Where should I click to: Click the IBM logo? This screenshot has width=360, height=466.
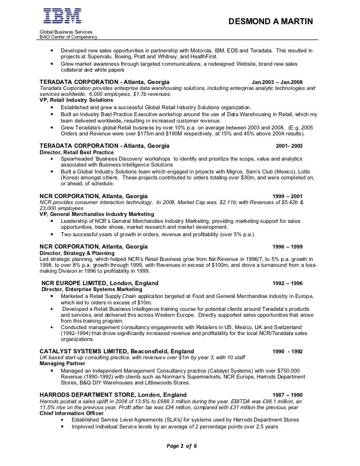click(62, 17)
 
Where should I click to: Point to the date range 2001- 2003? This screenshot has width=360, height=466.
click(289, 147)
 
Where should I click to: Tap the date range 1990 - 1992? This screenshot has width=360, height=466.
click(288, 351)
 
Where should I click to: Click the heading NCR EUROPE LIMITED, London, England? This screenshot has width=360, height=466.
click(100, 283)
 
